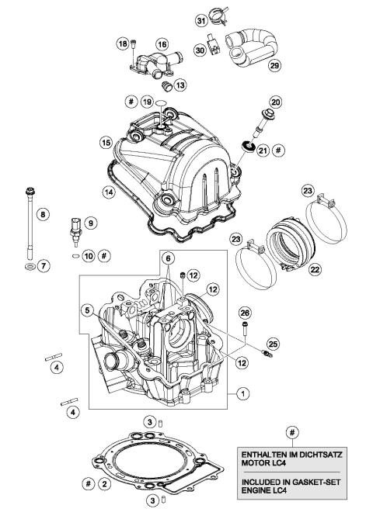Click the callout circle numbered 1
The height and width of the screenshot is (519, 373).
point(243,394)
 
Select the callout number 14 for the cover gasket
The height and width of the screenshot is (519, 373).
point(106,189)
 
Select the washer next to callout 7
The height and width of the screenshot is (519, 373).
point(29,267)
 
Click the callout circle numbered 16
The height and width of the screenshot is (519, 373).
point(162,45)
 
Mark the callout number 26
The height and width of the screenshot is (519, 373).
point(246,313)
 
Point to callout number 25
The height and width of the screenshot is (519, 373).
point(272,343)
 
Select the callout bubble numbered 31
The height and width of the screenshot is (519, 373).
point(200,20)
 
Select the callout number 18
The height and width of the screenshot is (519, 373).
point(122,44)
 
